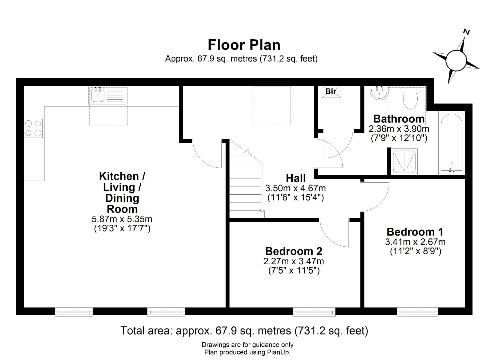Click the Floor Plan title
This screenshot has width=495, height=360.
(x=244, y=45)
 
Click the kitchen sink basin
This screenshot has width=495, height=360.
(x=97, y=95)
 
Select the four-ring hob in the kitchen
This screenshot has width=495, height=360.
(x=33, y=128)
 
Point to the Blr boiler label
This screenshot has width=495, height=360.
(x=331, y=91)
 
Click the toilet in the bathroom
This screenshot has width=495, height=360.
(x=410, y=97)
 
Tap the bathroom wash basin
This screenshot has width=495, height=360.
(x=379, y=93)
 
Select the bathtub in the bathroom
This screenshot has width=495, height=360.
(x=452, y=143)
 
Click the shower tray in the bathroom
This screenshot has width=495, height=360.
(x=404, y=162)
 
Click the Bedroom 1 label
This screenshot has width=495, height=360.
(x=415, y=232)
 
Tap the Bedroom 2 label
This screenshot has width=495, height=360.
(x=294, y=251)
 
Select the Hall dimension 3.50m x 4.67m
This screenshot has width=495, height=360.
(x=295, y=188)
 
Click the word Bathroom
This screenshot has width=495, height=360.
(x=399, y=119)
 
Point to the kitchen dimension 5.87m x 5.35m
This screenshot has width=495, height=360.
(x=122, y=219)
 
